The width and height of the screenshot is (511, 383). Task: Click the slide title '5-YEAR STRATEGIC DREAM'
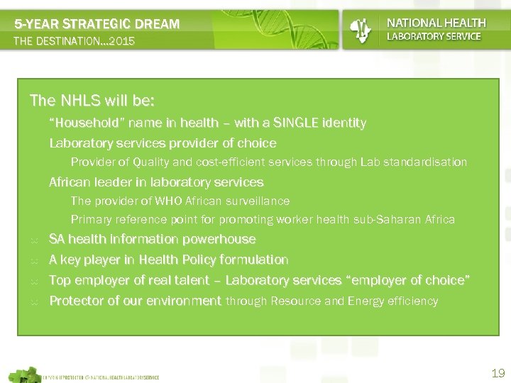[x=97, y=24]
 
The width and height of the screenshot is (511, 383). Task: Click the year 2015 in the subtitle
[x=118, y=42]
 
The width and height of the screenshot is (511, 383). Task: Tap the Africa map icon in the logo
[x=361, y=29]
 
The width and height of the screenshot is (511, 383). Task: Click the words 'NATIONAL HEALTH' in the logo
[x=436, y=23]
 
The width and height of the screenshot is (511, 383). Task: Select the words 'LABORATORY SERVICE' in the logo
[x=434, y=36]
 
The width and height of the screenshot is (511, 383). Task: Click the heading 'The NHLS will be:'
[x=92, y=99]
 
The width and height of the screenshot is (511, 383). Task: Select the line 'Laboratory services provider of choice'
[x=163, y=143]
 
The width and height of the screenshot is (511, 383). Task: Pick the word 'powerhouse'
[x=221, y=240]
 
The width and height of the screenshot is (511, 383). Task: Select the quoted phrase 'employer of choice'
[x=409, y=281]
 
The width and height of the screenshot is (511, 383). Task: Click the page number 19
[x=497, y=373]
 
